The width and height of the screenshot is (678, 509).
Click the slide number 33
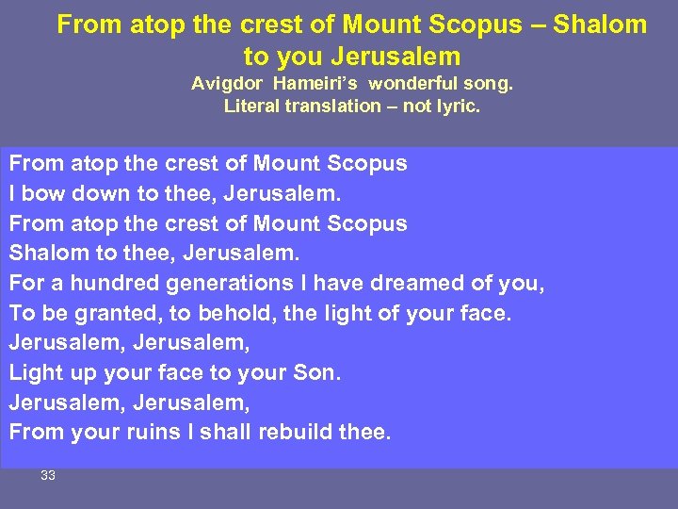pyautogui.click(x=48, y=476)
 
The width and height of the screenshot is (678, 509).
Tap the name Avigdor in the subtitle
pyautogui.click(x=228, y=83)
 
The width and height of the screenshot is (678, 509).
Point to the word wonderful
pyautogui.click(x=412, y=83)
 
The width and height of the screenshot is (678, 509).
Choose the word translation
pyautogui.click(x=329, y=106)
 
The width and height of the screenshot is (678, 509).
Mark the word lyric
pyautogui.click(x=456, y=106)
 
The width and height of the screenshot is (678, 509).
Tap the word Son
pyautogui.click(x=317, y=373)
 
